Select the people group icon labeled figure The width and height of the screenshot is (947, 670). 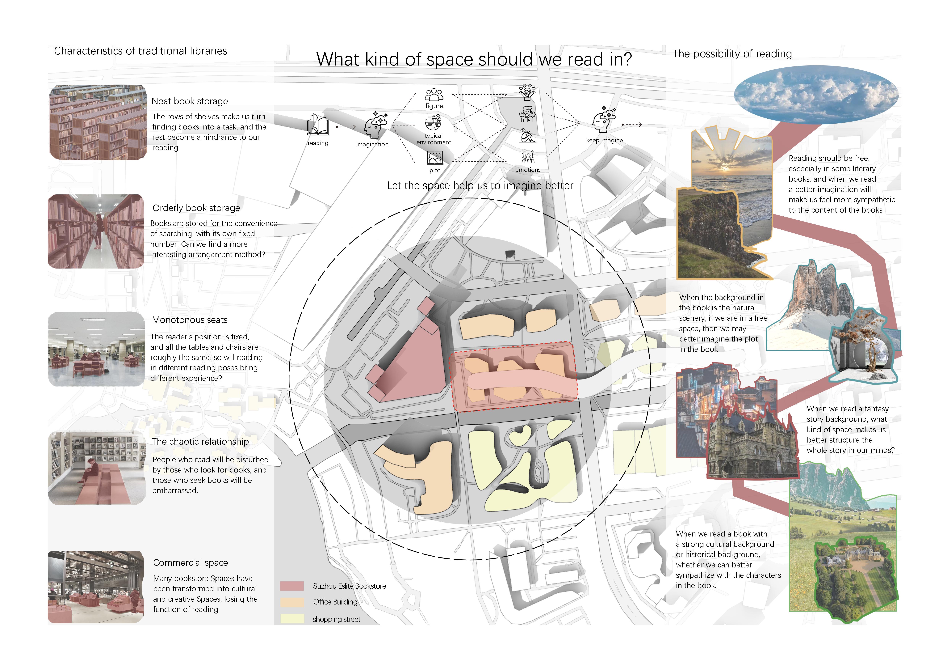point(434,95)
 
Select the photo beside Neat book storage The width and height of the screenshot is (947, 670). point(98,123)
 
